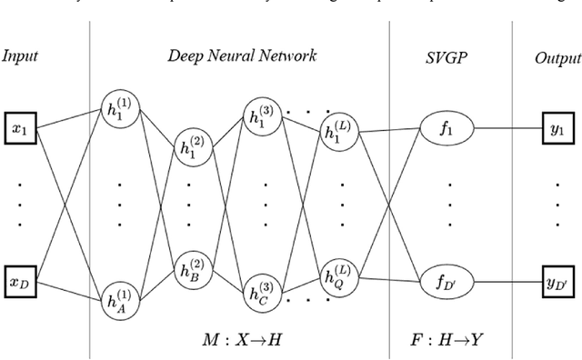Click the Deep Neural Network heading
pos(242,56)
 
